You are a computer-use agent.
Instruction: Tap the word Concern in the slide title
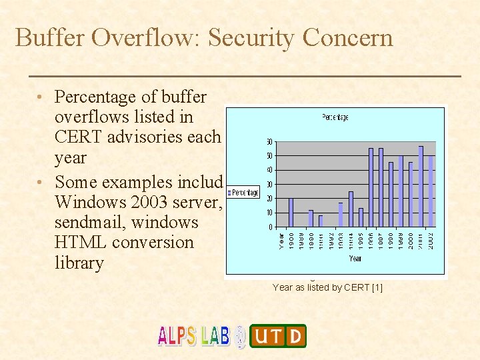click(347, 37)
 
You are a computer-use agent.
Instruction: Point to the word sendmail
click(92, 222)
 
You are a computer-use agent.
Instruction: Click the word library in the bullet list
click(79, 263)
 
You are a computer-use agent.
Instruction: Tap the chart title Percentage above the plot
click(335, 117)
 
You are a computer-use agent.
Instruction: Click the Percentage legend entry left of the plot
click(244, 193)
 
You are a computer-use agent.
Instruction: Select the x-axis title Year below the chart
click(355, 258)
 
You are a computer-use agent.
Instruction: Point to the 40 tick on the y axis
click(269, 170)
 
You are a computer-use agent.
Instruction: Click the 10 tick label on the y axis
click(269, 213)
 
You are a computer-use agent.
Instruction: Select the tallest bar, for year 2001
click(421, 187)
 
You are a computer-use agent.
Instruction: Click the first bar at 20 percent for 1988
click(291, 213)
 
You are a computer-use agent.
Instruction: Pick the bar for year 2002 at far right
click(431, 191)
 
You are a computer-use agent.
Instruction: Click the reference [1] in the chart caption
click(377, 287)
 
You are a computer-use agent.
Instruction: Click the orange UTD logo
click(278, 336)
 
